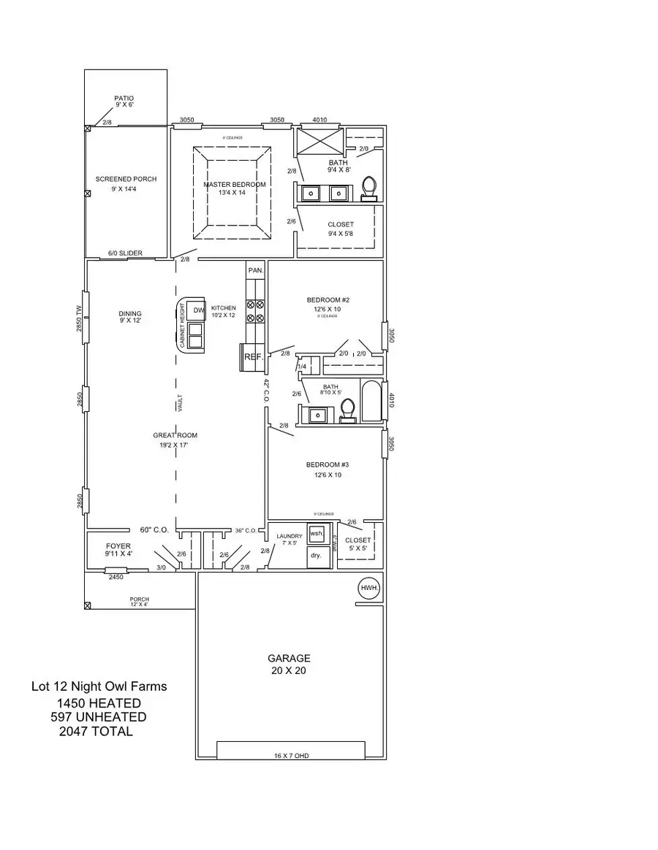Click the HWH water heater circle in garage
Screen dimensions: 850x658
click(x=368, y=588)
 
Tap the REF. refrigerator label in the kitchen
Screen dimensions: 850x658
click(x=253, y=357)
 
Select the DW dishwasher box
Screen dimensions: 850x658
click(x=198, y=310)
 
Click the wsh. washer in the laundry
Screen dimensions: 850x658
click(x=317, y=534)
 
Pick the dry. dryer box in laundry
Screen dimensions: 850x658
click(x=317, y=555)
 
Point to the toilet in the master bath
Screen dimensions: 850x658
click(x=369, y=188)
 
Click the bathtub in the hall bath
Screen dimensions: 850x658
click(x=371, y=401)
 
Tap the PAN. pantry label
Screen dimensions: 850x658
click(x=255, y=270)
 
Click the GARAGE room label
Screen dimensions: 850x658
click(x=289, y=658)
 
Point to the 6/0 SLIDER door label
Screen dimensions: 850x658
click(x=125, y=253)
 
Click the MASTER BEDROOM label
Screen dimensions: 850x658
click(x=234, y=185)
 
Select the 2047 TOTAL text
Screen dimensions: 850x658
click(x=96, y=731)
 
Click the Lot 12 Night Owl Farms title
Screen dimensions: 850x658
click(x=99, y=686)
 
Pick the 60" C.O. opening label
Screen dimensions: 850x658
click(x=155, y=530)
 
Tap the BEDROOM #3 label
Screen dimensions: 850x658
click(x=323, y=464)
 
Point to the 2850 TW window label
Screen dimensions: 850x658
click(x=79, y=318)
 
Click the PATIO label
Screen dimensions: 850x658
click(x=124, y=98)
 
